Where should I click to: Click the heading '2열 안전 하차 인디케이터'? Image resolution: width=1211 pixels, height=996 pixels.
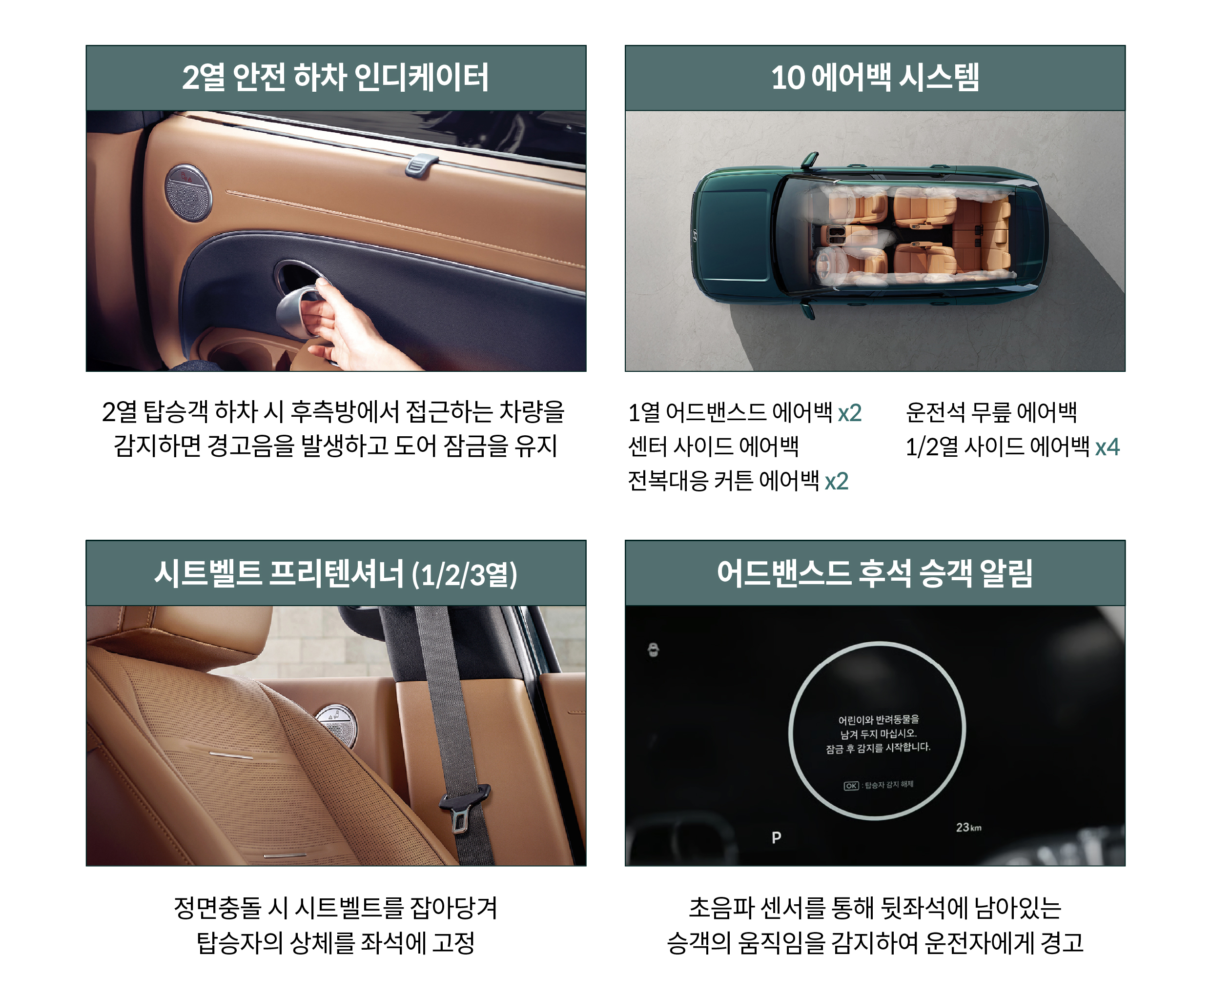click(x=335, y=78)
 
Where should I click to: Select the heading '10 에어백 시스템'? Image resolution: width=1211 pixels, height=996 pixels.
click(x=875, y=78)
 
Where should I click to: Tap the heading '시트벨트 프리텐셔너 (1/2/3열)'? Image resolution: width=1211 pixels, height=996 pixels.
click(x=335, y=573)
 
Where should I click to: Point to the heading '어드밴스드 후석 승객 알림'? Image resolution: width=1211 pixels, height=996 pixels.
click(x=875, y=573)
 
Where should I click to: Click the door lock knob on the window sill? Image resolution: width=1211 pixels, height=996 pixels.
click(x=421, y=164)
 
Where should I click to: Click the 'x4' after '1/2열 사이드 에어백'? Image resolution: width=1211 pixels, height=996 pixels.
click(x=1107, y=447)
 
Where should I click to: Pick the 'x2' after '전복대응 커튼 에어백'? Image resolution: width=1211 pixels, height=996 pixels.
click(x=836, y=481)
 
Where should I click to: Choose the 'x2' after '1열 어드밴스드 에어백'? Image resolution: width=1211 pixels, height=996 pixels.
click(x=849, y=412)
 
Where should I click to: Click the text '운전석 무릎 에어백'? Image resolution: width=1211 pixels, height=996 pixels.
click(x=991, y=412)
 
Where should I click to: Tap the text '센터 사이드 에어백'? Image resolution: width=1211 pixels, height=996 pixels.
click(x=714, y=447)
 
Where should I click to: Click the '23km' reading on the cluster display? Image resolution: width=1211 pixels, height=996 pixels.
click(x=968, y=827)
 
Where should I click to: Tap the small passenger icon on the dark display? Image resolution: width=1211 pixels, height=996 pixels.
click(x=653, y=650)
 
